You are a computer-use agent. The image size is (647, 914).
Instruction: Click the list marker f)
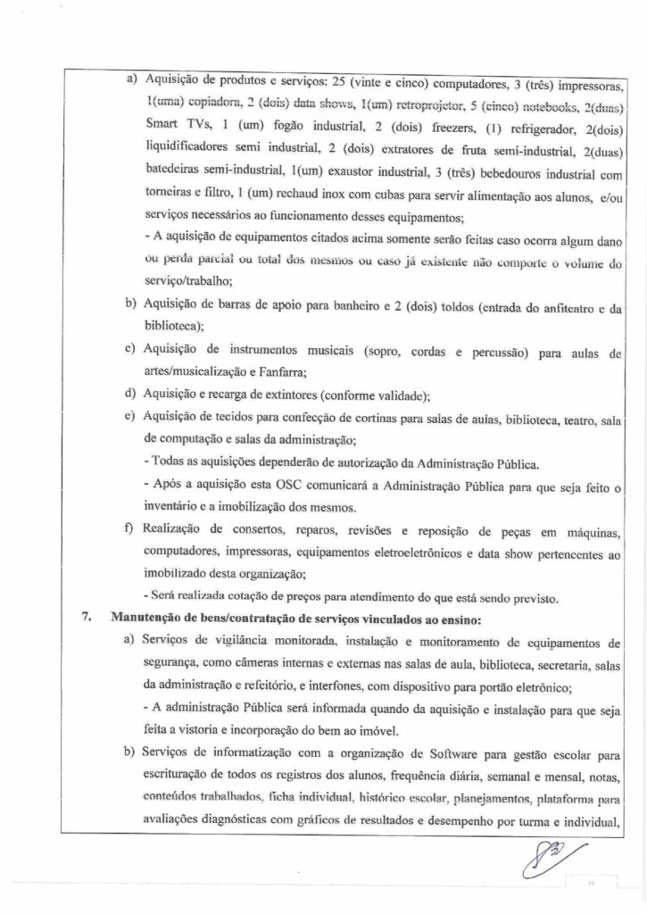(130, 531)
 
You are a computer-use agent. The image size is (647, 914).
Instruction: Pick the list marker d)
(130, 396)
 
